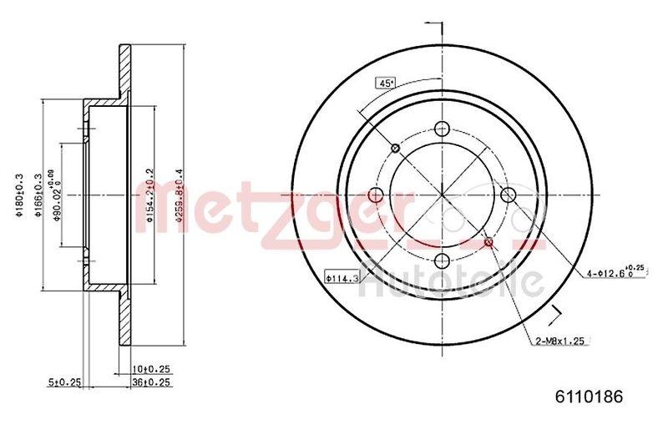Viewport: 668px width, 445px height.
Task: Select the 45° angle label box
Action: coord(385,83)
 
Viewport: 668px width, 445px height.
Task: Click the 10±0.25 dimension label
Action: coord(152,368)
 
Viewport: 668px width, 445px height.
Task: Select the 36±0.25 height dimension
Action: coord(152,383)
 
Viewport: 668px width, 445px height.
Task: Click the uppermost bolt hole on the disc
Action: coord(441,129)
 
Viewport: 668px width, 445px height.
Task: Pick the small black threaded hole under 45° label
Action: coord(395,149)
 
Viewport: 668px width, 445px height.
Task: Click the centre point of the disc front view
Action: coord(441,195)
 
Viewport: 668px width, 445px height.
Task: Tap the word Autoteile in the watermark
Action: coord(452,280)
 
